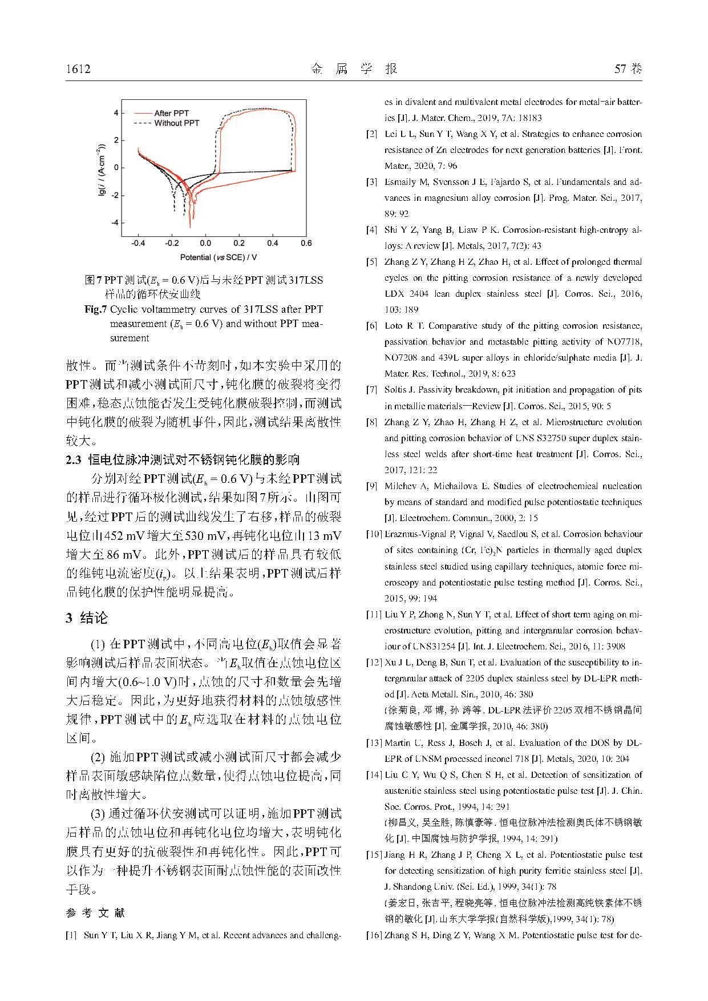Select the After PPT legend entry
pyautogui.click(x=171, y=113)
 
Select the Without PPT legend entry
pyautogui.click(x=176, y=123)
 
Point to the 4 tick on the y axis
pyautogui.click(x=116, y=113)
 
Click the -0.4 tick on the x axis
pyautogui.click(x=137, y=244)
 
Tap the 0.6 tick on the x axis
pyautogui.click(x=306, y=244)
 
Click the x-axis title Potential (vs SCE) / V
pyautogui.click(x=219, y=257)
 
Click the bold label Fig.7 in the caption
pyautogui.click(x=95, y=309)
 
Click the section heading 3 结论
pyautogui.click(x=87, y=618)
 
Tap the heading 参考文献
pyautogui.click(x=95, y=913)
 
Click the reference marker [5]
pyautogui.click(x=372, y=262)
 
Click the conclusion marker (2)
pyautogui.click(x=98, y=757)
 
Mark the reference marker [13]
pyautogui.click(x=374, y=743)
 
